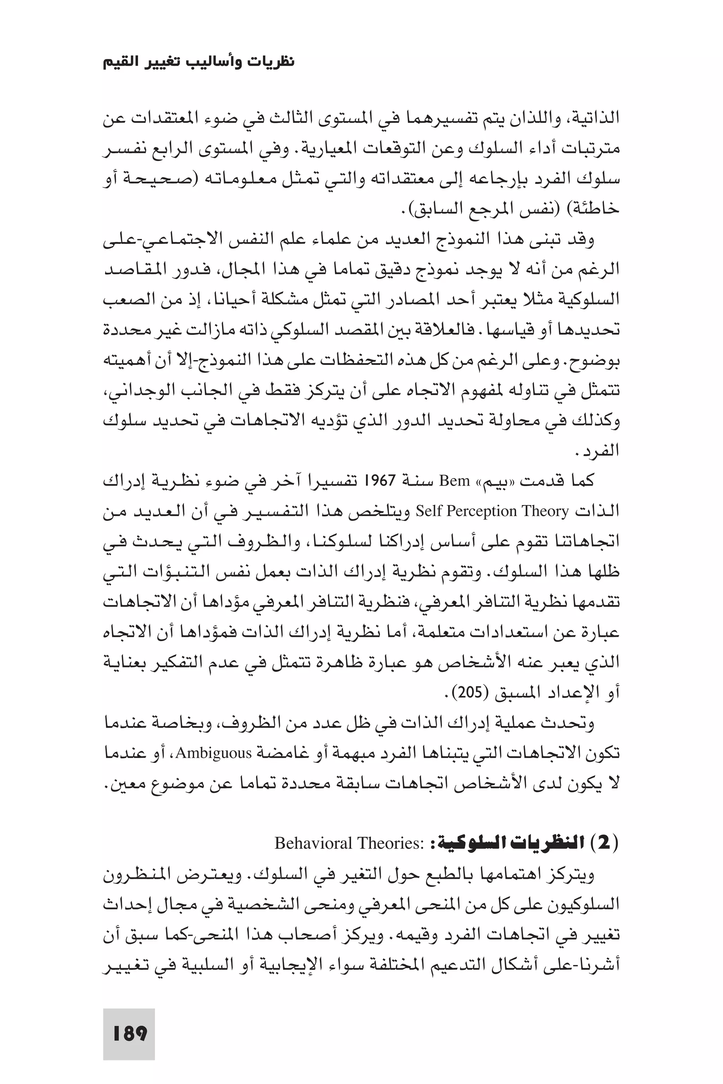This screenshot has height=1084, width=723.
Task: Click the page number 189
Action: click(130, 1034)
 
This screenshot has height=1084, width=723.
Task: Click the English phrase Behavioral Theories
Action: click(348, 843)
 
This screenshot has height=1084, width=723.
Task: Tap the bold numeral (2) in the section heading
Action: click(607, 843)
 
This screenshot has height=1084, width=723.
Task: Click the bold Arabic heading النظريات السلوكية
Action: click(508, 843)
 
